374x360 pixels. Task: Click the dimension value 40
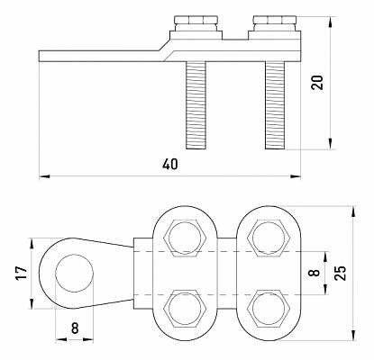coord(170,165)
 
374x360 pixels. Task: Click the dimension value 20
coord(317,82)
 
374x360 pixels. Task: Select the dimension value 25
coord(341,273)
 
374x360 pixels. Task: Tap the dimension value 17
coord(22,273)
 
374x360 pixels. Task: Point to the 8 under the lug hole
coord(75,328)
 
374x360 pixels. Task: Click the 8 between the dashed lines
coord(315,273)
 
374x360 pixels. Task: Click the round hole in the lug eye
coord(75,274)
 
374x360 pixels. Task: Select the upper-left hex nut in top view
coord(185,238)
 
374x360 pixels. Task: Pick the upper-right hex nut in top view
coord(269,238)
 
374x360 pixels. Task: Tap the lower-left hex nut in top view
coord(185,308)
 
